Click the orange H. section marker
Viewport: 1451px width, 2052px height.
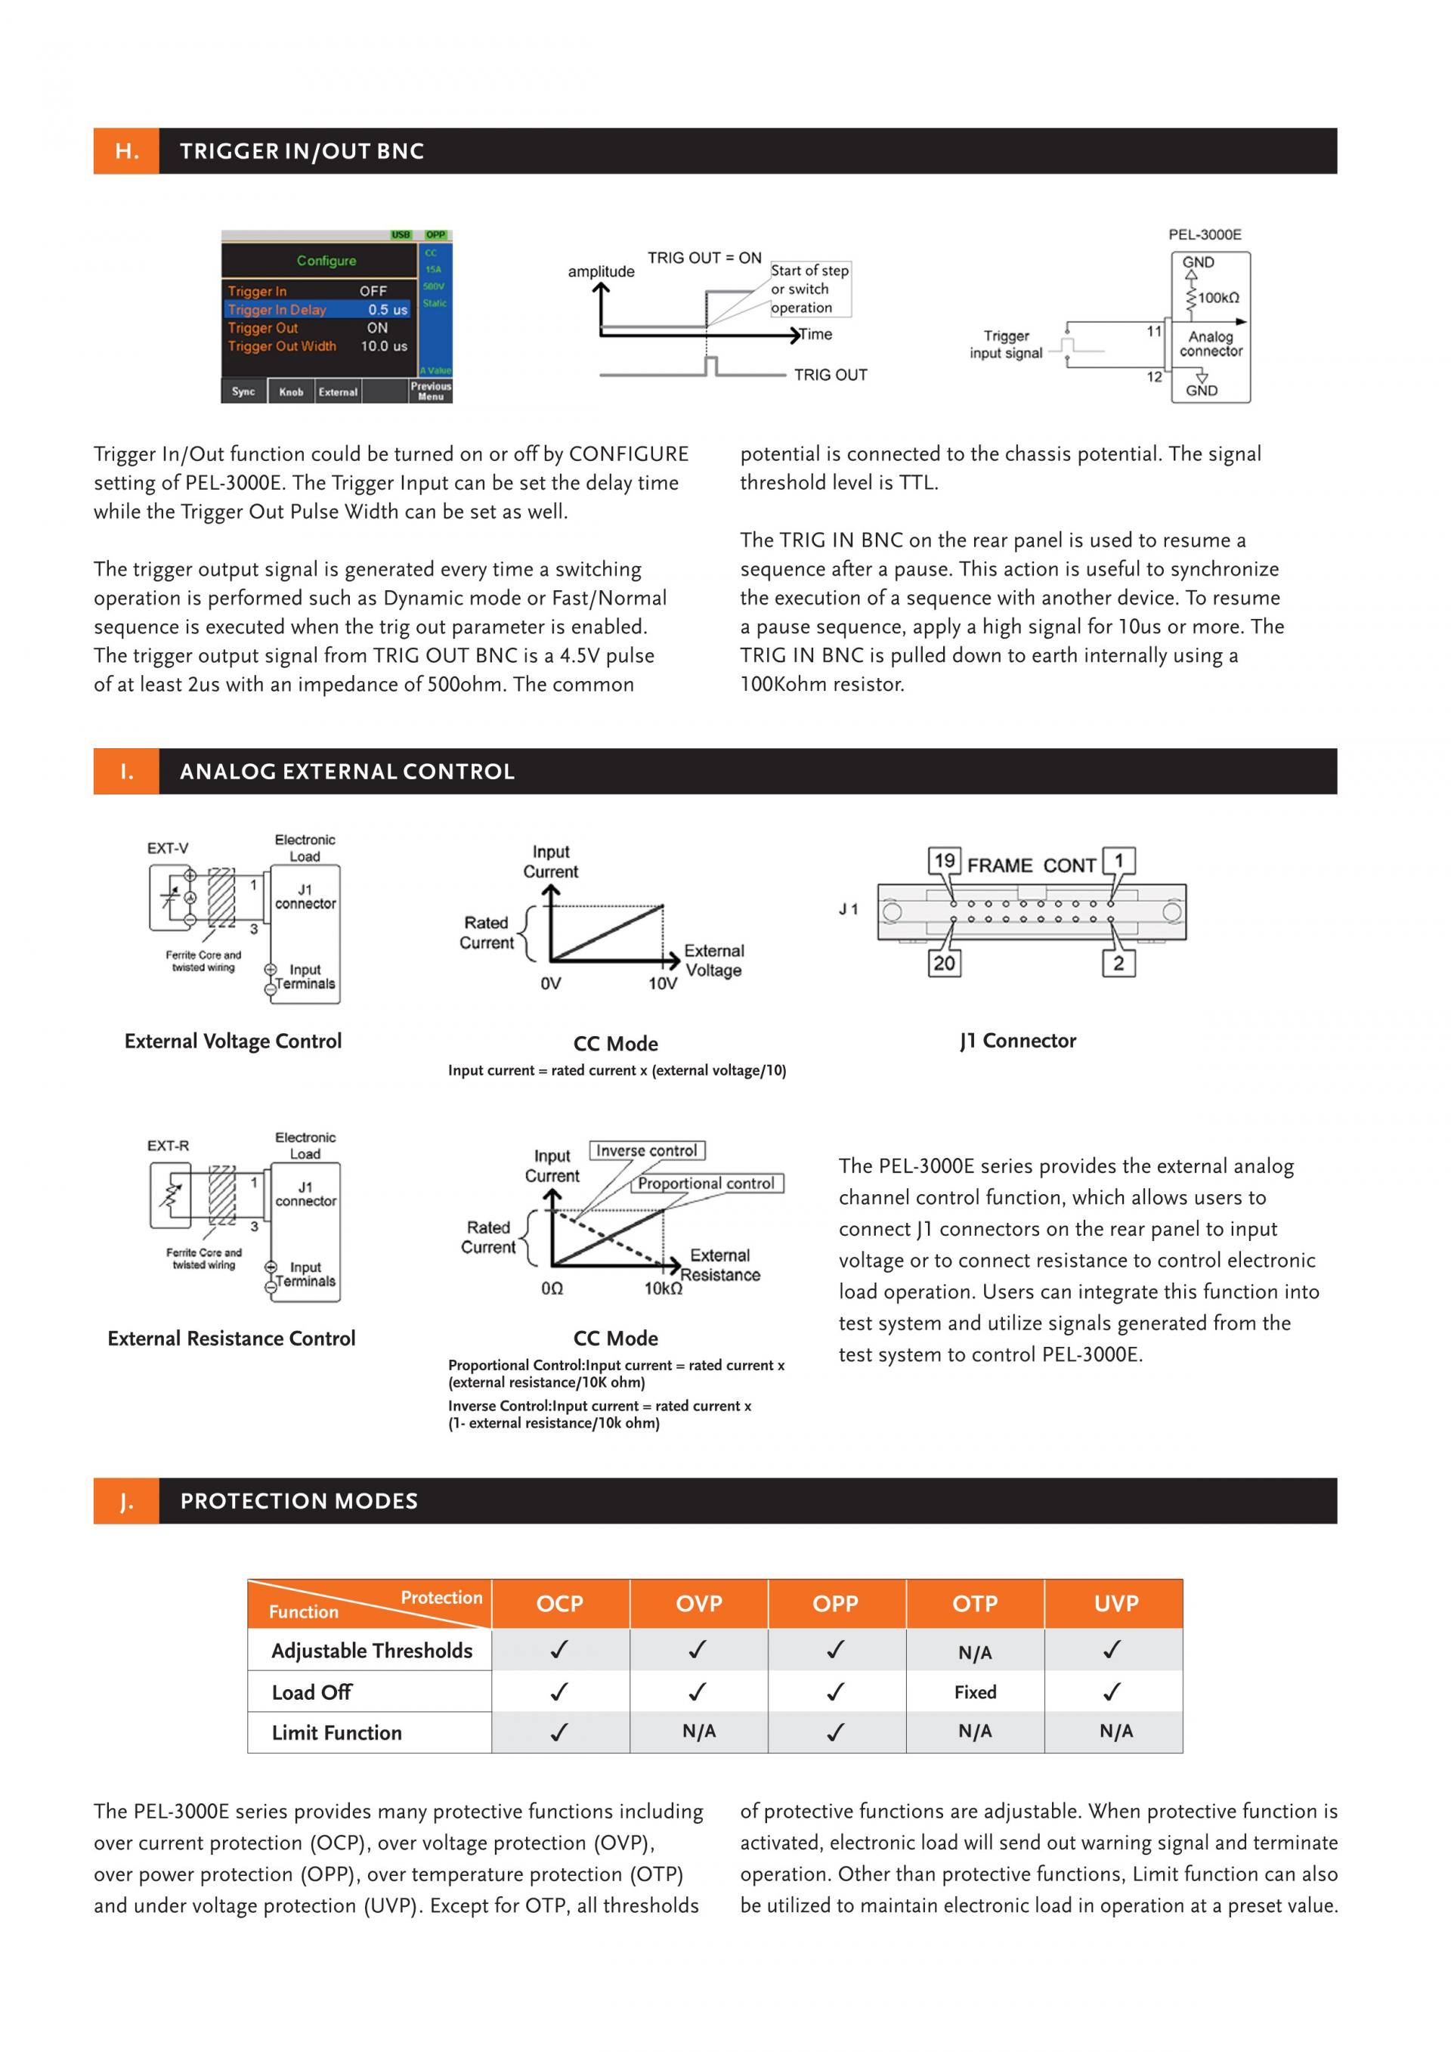click(x=127, y=151)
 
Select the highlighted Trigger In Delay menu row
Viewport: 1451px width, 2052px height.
click(x=317, y=309)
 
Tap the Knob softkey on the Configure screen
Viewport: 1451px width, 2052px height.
click(x=290, y=392)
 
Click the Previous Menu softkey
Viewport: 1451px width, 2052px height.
click(x=431, y=392)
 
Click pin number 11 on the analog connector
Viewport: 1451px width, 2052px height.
click(x=1153, y=332)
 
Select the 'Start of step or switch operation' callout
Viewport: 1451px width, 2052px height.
click(x=809, y=289)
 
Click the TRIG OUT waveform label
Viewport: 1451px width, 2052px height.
click(x=830, y=376)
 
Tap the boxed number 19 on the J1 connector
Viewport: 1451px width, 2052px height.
click(x=945, y=861)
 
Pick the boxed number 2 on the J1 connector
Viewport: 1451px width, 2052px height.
click(x=1118, y=964)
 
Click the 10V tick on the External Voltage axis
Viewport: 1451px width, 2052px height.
click(x=662, y=984)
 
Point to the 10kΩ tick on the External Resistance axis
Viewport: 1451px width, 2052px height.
click(x=663, y=1289)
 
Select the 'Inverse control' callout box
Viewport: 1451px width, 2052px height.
click(x=646, y=1151)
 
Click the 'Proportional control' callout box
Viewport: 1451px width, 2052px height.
click(x=705, y=1184)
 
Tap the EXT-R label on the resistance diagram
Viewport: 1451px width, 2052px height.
click(x=168, y=1146)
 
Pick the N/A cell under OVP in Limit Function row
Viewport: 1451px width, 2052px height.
click(x=699, y=1732)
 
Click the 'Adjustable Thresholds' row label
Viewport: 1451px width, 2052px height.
click(x=372, y=1651)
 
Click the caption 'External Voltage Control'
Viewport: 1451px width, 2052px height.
click(x=234, y=1041)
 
